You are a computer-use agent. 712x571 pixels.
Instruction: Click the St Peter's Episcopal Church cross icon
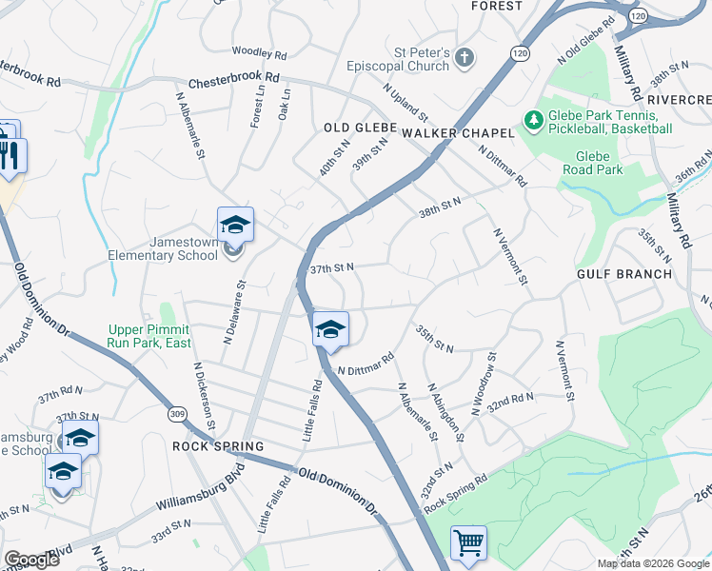click(465, 59)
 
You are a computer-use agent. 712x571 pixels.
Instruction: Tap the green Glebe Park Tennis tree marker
click(534, 121)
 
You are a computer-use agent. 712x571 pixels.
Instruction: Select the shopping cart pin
click(468, 544)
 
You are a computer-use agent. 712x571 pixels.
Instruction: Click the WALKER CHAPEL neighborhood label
click(458, 133)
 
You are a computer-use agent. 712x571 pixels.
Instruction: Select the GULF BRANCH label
click(623, 274)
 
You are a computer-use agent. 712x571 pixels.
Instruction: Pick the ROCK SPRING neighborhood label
click(218, 446)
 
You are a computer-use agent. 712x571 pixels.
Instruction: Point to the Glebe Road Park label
click(599, 163)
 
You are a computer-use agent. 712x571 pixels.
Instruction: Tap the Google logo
click(31, 560)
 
